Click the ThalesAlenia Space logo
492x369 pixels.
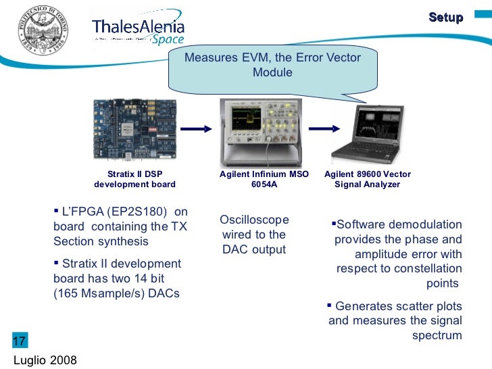click(x=138, y=30)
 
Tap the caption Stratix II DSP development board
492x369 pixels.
click(x=134, y=179)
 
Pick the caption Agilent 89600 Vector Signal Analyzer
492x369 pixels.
click(x=368, y=179)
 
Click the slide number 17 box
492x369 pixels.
click(x=20, y=340)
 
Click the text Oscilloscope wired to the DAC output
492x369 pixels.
click(x=254, y=235)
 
